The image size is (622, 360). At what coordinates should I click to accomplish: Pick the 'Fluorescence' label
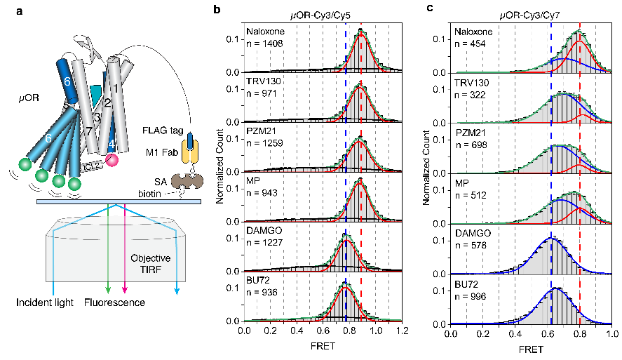(x=116, y=302)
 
